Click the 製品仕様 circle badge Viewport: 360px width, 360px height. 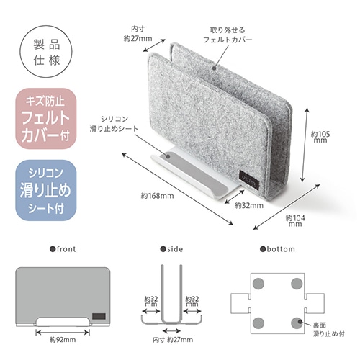46,51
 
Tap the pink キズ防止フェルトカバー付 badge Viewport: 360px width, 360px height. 46,119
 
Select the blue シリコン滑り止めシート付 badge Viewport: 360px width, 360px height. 46,190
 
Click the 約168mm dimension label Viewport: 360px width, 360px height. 157,196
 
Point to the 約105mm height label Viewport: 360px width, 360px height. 320,137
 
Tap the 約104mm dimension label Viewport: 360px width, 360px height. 295,221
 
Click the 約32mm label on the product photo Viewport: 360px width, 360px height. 249,205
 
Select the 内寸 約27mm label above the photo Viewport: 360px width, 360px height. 138,34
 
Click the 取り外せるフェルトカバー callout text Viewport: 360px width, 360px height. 228,35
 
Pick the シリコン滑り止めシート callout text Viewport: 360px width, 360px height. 114,124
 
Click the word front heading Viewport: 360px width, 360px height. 63,249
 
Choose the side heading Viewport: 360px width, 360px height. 172,249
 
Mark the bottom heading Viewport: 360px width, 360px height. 278,249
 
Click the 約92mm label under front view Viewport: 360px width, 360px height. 63,340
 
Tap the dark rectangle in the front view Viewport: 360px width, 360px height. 99,316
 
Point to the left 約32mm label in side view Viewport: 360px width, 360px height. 151,301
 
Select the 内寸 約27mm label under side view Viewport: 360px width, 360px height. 173,340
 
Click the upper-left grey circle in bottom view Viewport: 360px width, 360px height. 258,284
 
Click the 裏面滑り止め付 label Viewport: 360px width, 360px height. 329,329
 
